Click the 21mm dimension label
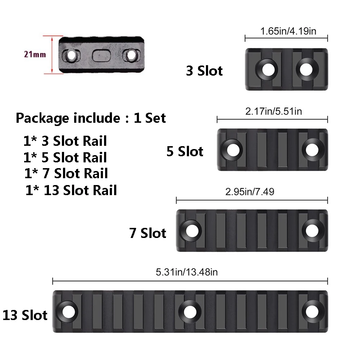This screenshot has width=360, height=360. click(x=35, y=55)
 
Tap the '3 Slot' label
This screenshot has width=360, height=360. click(x=204, y=71)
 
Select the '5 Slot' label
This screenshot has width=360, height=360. click(x=185, y=151)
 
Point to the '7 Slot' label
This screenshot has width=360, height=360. click(x=148, y=233)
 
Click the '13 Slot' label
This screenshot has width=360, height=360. click(x=25, y=315)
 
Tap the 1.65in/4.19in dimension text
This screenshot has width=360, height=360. click(x=288, y=31)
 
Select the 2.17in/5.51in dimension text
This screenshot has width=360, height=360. click(x=274, y=111)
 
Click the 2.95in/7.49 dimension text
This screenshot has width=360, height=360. click(x=249, y=192)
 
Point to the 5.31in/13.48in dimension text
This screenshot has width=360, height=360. click(x=186, y=272)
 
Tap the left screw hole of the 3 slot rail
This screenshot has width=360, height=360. click(x=267, y=69)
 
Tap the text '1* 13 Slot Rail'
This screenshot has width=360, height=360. click(x=71, y=190)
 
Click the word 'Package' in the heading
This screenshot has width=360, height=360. click(x=42, y=118)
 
